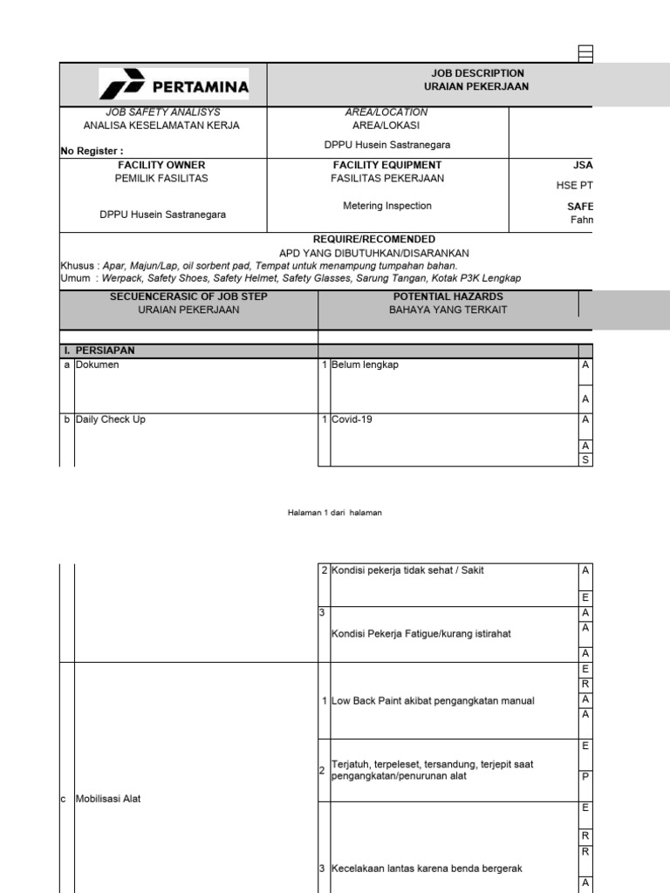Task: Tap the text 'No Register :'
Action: tap(86, 151)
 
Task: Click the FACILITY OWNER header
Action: tap(161, 165)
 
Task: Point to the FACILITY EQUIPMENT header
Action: tap(387, 165)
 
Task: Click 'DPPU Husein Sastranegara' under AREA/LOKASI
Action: tap(387, 145)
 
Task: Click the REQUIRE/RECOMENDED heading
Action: tap(373, 239)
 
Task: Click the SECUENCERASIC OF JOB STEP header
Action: tap(188, 297)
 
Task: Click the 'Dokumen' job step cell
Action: tap(98, 365)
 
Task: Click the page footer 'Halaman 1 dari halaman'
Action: tap(335, 513)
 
